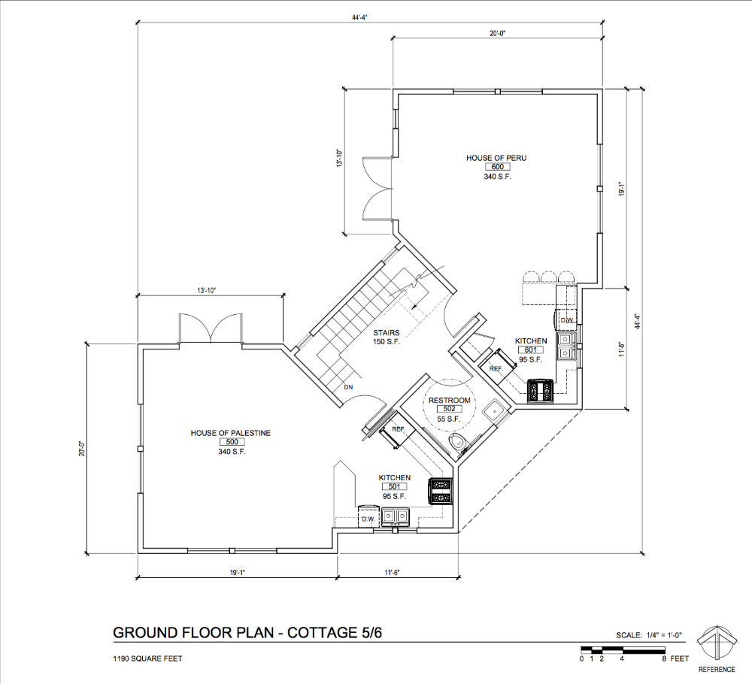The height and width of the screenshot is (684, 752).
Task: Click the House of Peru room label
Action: tap(496, 158)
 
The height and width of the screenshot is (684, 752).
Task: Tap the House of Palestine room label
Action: tap(231, 433)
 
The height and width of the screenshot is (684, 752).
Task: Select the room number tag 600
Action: tap(497, 167)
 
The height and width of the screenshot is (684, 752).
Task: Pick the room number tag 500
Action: tap(232, 442)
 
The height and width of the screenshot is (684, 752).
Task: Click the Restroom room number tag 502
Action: tap(450, 409)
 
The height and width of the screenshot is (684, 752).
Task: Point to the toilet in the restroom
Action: tap(456, 443)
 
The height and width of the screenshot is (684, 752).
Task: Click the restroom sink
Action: tap(493, 411)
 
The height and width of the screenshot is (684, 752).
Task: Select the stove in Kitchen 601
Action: tap(541, 391)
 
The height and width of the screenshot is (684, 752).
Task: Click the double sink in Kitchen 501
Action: tap(396, 516)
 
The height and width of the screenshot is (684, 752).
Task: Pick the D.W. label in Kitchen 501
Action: tap(368, 519)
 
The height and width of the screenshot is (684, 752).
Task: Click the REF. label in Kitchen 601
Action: tap(496, 369)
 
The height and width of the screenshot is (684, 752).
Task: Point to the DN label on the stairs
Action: tap(348, 387)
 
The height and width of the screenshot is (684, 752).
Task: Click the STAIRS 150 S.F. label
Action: tap(386, 337)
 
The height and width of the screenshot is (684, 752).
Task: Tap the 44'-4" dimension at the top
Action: tap(359, 18)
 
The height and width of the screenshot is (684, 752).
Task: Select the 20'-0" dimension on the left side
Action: tap(82, 449)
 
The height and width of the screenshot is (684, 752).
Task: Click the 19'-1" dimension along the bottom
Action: tap(237, 572)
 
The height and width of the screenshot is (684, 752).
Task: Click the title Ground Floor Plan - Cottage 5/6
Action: tap(247, 633)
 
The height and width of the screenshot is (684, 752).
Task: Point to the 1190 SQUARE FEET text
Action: tap(147, 658)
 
